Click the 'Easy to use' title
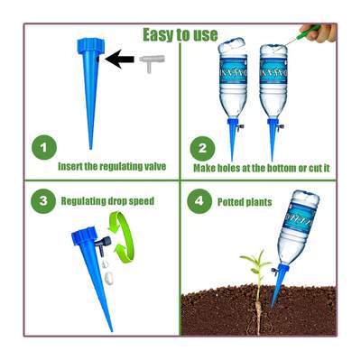coord(180,34)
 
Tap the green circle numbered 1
coord(45,146)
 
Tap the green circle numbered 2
coord(202,146)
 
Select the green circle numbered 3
coord(39,199)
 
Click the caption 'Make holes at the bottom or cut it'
coord(262,168)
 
